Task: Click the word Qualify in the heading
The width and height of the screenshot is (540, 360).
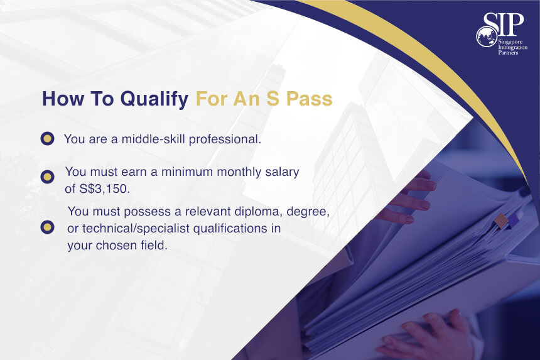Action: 154,99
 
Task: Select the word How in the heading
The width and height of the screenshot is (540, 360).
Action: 63,99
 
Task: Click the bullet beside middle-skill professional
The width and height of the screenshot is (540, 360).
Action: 48,138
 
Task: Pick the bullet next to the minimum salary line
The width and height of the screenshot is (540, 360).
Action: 48,177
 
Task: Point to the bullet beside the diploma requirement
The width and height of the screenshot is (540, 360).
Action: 48,227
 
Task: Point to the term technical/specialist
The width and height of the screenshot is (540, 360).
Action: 136,229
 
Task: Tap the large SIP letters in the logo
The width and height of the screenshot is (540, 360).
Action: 504,24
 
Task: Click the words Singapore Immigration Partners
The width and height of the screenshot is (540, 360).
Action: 512,47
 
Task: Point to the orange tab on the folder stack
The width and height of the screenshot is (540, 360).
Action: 501,220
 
